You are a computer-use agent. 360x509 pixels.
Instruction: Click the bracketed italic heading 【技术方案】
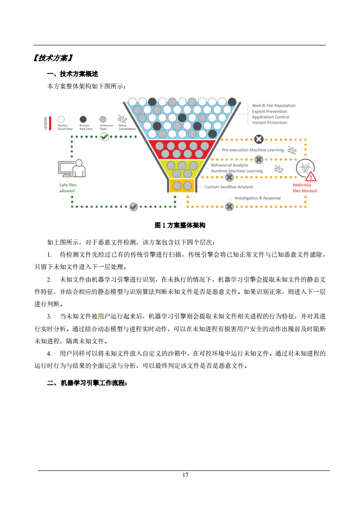[53, 58]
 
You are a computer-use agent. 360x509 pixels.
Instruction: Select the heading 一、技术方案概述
[73, 74]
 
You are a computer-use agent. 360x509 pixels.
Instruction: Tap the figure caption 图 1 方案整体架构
[180, 225]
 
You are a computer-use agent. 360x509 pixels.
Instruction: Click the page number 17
[185, 475]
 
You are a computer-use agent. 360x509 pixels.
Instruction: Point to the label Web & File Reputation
[274, 106]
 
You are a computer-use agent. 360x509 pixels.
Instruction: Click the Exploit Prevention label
[269, 111]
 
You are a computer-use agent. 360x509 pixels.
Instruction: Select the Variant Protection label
[269, 122]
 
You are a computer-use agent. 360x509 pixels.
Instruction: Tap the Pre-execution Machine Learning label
[253, 150]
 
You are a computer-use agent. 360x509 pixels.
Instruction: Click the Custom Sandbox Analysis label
[229, 187]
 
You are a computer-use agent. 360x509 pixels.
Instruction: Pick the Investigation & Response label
[258, 198]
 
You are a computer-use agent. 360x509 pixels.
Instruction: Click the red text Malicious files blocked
[305, 188]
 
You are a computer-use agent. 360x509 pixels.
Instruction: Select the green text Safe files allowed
[68, 188]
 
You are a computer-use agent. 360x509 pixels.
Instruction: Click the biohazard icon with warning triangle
[306, 170]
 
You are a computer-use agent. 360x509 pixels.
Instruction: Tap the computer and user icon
[72, 168]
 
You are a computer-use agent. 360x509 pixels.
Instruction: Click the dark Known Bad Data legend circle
[83, 119]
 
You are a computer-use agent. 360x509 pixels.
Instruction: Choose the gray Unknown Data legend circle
[103, 119]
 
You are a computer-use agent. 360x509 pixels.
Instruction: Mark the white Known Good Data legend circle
[61, 119]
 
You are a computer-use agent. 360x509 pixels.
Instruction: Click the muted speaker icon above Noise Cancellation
[122, 119]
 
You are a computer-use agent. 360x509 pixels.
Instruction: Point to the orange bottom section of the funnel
[182, 186]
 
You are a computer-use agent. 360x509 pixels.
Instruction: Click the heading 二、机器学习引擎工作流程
[87, 383]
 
